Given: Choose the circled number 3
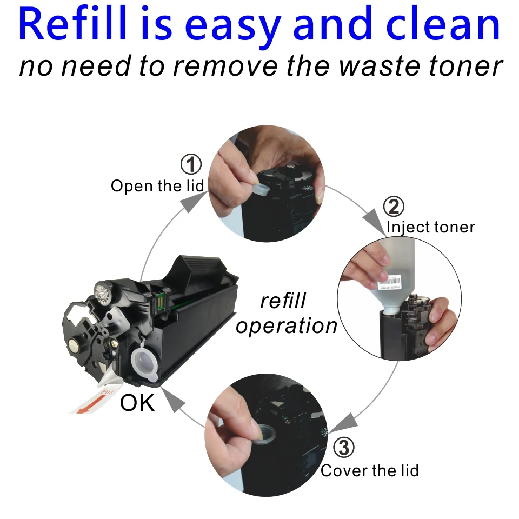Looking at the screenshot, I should pyautogui.click(x=344, y=448).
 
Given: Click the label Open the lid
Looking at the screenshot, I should pyautogui.click(x=157, y=186).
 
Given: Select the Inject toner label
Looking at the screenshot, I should pyautogui.click(x=430, y=227).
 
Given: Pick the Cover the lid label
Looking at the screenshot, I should pyautogui.click(x=369, y=470).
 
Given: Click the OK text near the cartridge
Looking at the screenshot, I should pyautogui.click(x=137, y=403).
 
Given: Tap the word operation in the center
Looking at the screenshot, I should pyautogui.click(x=287, y=326).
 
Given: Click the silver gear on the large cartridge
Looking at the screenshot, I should pyautogui.click(x=103, y=292).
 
